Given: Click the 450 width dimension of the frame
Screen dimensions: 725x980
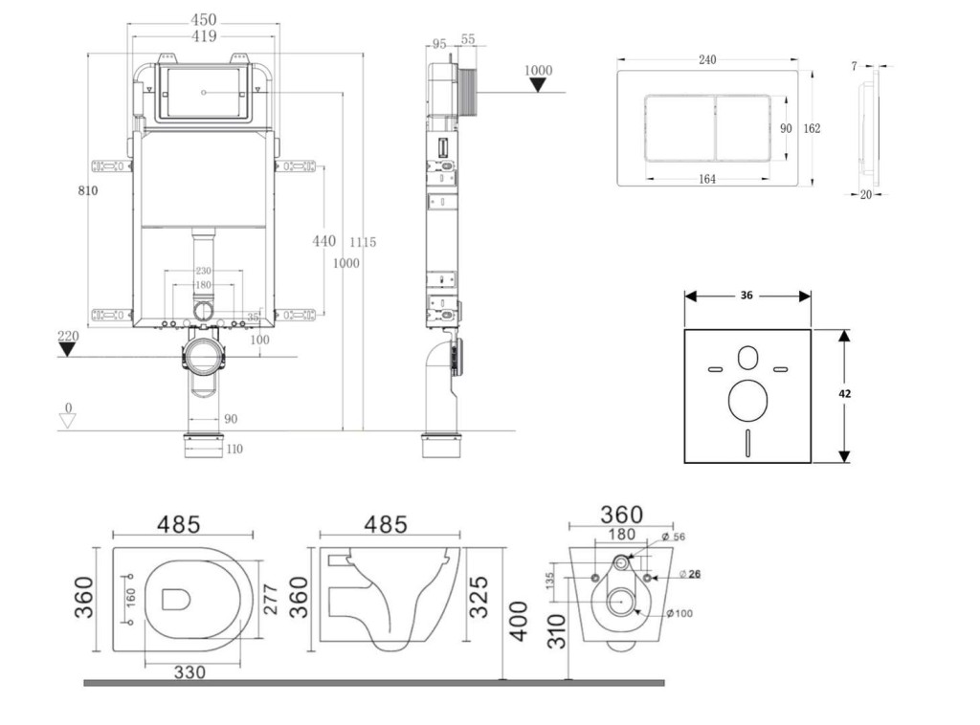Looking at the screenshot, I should point(203,19).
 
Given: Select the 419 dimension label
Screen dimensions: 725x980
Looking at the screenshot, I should point(203,36).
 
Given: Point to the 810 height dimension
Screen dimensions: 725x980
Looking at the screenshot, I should point(88,190).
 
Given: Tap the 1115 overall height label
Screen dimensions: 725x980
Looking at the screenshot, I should point(362,243).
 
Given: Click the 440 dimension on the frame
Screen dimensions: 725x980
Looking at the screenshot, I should point(324,241).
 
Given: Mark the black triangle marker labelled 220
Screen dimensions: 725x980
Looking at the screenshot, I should point(67,348).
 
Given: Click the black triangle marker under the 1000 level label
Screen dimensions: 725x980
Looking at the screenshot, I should point(539,84).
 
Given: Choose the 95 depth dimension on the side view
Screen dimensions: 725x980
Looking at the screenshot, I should point(439,42).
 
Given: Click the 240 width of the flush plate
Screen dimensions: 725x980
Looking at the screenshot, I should point(707,60).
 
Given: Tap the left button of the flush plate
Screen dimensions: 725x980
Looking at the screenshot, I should point(679,128).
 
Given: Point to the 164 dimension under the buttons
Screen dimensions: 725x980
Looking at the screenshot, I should point(708,178).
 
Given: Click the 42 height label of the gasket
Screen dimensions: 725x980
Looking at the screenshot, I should point(845,393).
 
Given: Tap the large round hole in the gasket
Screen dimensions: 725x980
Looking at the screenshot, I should point(747,402).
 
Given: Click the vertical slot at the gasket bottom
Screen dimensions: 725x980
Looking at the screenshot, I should point(747,444).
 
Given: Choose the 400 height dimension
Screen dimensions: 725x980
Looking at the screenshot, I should point(518,622).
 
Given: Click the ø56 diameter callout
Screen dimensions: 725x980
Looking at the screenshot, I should point(674,537).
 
